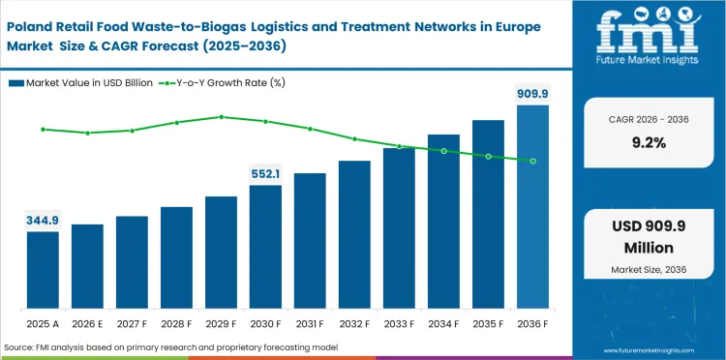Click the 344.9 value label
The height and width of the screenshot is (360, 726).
pyautogui.click(x=43, y=221)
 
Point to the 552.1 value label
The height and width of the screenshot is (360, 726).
pyautogui.click(x=265, y=174)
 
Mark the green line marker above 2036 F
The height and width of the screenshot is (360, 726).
pyautogui.click(x=532, y=161)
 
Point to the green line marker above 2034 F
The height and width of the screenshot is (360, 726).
pyautogui.click(x=443, y=151)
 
